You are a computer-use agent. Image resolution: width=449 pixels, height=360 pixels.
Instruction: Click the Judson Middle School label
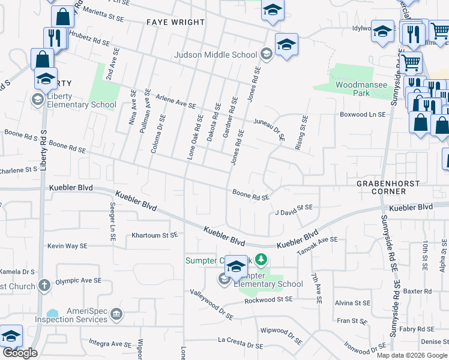[x=215, y=55]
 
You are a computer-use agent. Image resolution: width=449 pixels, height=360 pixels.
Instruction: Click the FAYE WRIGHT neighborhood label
[x=175, y=22]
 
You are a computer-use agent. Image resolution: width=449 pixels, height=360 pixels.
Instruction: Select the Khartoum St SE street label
[x=155, y=235]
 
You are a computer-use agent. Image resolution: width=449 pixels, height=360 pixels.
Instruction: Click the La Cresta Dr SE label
[x=240, y=343]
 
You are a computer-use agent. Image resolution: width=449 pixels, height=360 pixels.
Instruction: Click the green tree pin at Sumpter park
[x=261, y=260]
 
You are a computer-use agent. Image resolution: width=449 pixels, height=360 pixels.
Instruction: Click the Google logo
[x=20, y=353]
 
